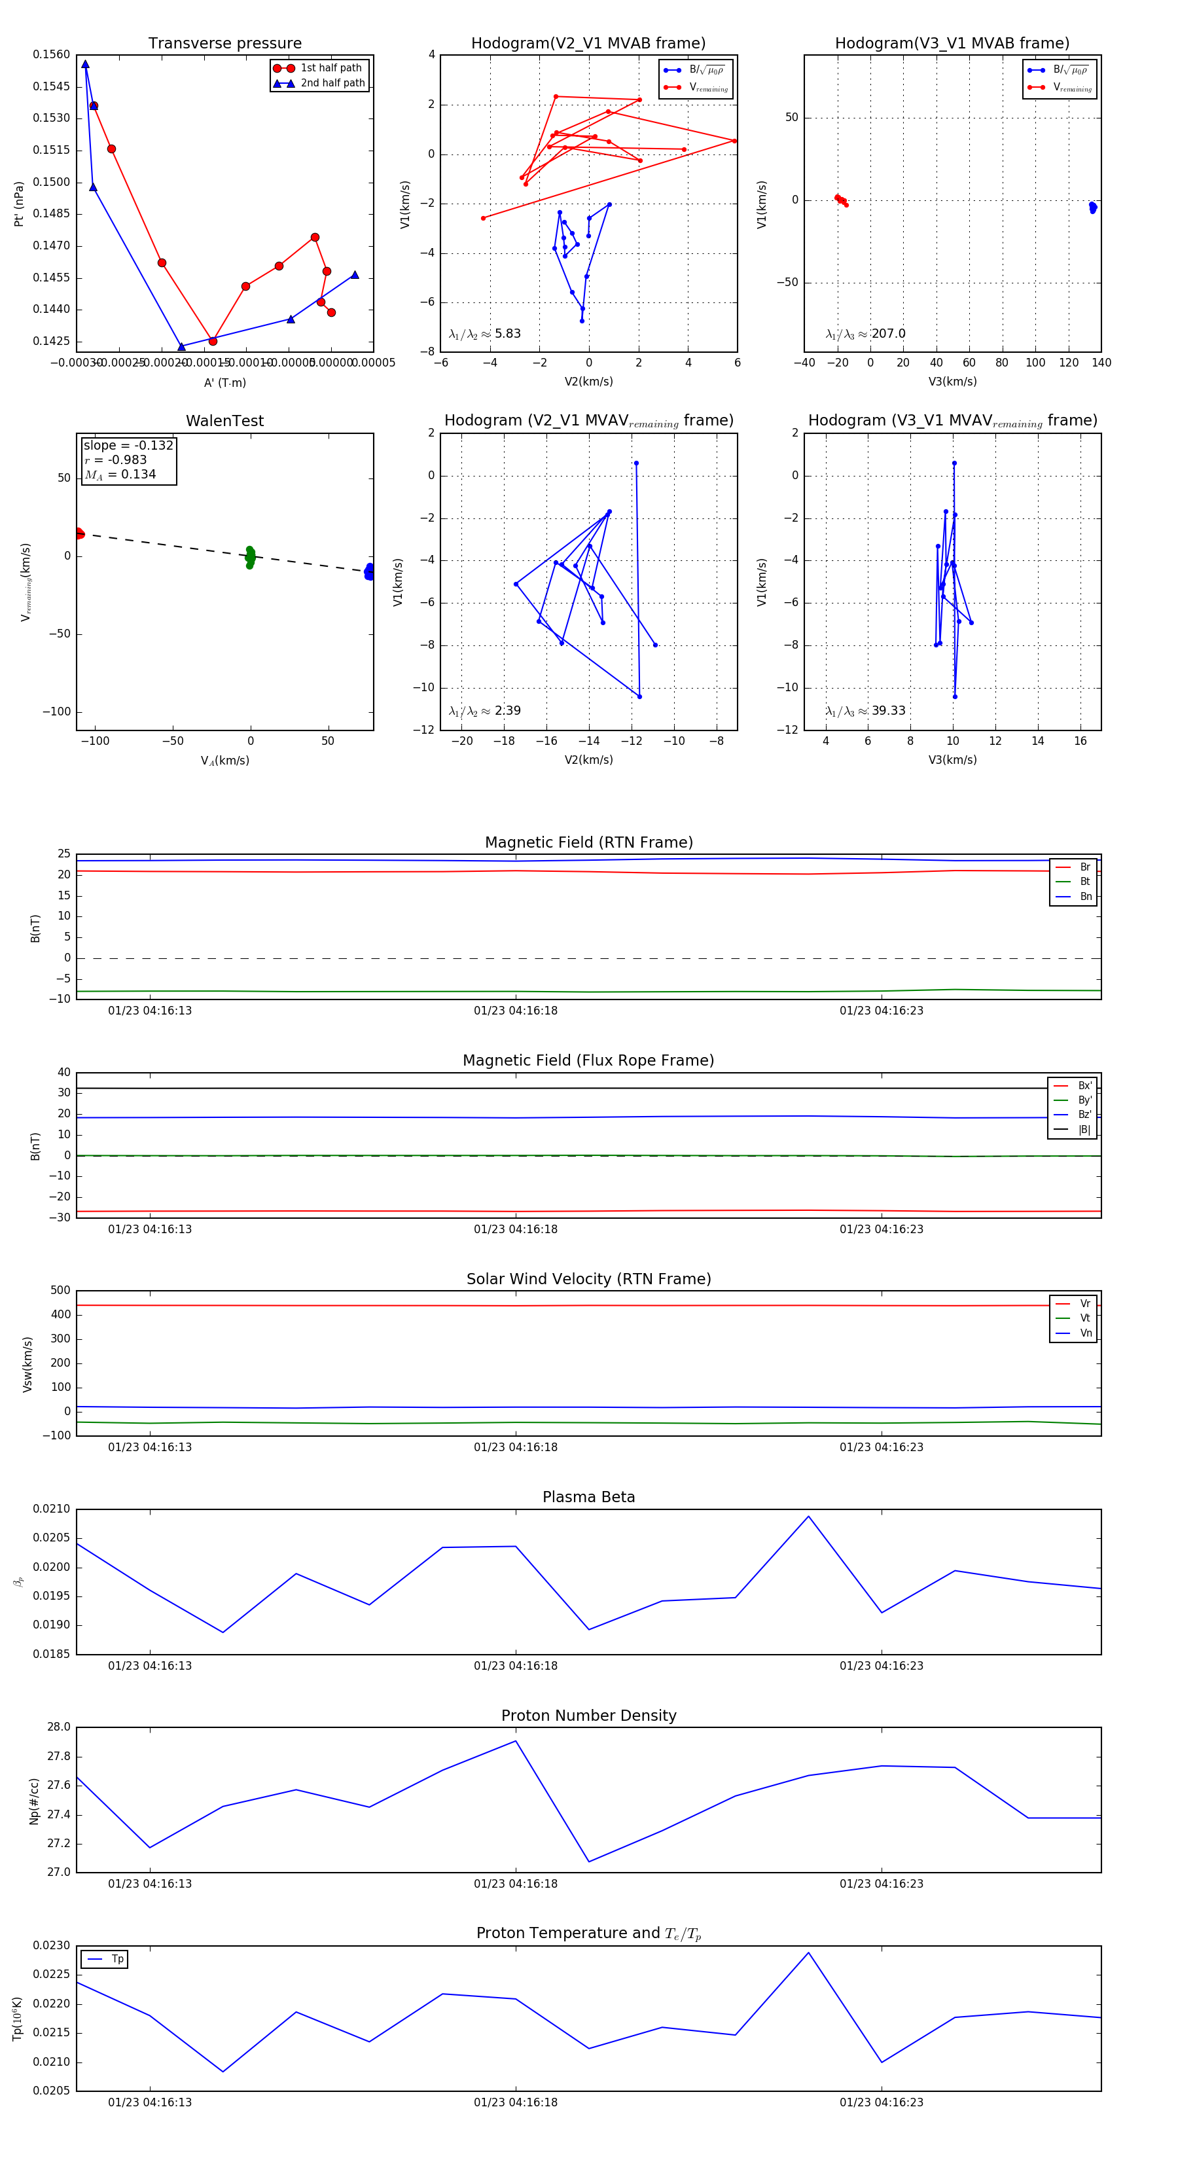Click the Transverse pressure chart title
point(224,44)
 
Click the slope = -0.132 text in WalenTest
point(128,445)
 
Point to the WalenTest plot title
point(224,421)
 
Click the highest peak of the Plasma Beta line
point(808,1516)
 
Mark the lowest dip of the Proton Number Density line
point(588,1862)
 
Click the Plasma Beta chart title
point(588,1497)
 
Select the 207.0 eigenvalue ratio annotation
point(888,334)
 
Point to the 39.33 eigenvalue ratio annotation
point(888,711)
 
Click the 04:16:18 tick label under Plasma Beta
point(516,1665)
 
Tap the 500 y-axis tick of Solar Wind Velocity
point(60,1291)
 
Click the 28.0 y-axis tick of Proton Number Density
point(59,1727)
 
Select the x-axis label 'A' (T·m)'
point(224,383)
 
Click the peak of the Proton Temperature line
point(808,1953)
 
